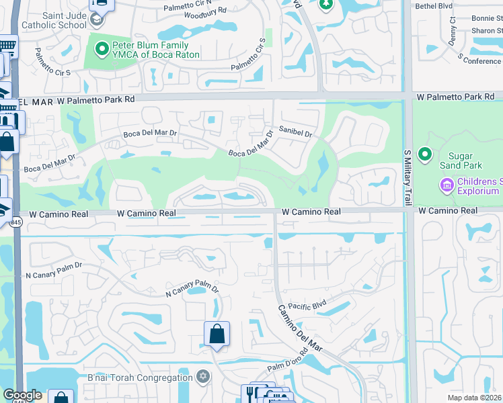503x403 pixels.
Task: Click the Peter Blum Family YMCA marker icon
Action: (x=102, y=48)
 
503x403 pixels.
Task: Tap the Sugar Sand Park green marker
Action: (x=424, y=155)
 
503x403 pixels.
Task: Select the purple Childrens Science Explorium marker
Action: (x=446, y=183)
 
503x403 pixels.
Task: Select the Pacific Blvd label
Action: (x=307, y=306)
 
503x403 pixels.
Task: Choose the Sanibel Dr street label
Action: (x=295, y=134)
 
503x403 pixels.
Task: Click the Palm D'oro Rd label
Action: (x=288, y=360)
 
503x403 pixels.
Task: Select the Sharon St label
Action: (x=487, y=31)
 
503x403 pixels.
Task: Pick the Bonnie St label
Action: (x=487, y=18)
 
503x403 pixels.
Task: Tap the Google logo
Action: (x=22, y=395)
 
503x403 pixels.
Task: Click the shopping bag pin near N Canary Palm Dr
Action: (x=217, y=334)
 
